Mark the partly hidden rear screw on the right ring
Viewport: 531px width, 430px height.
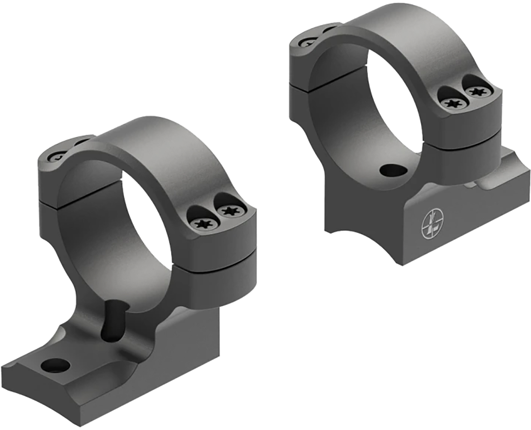(307, 43)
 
